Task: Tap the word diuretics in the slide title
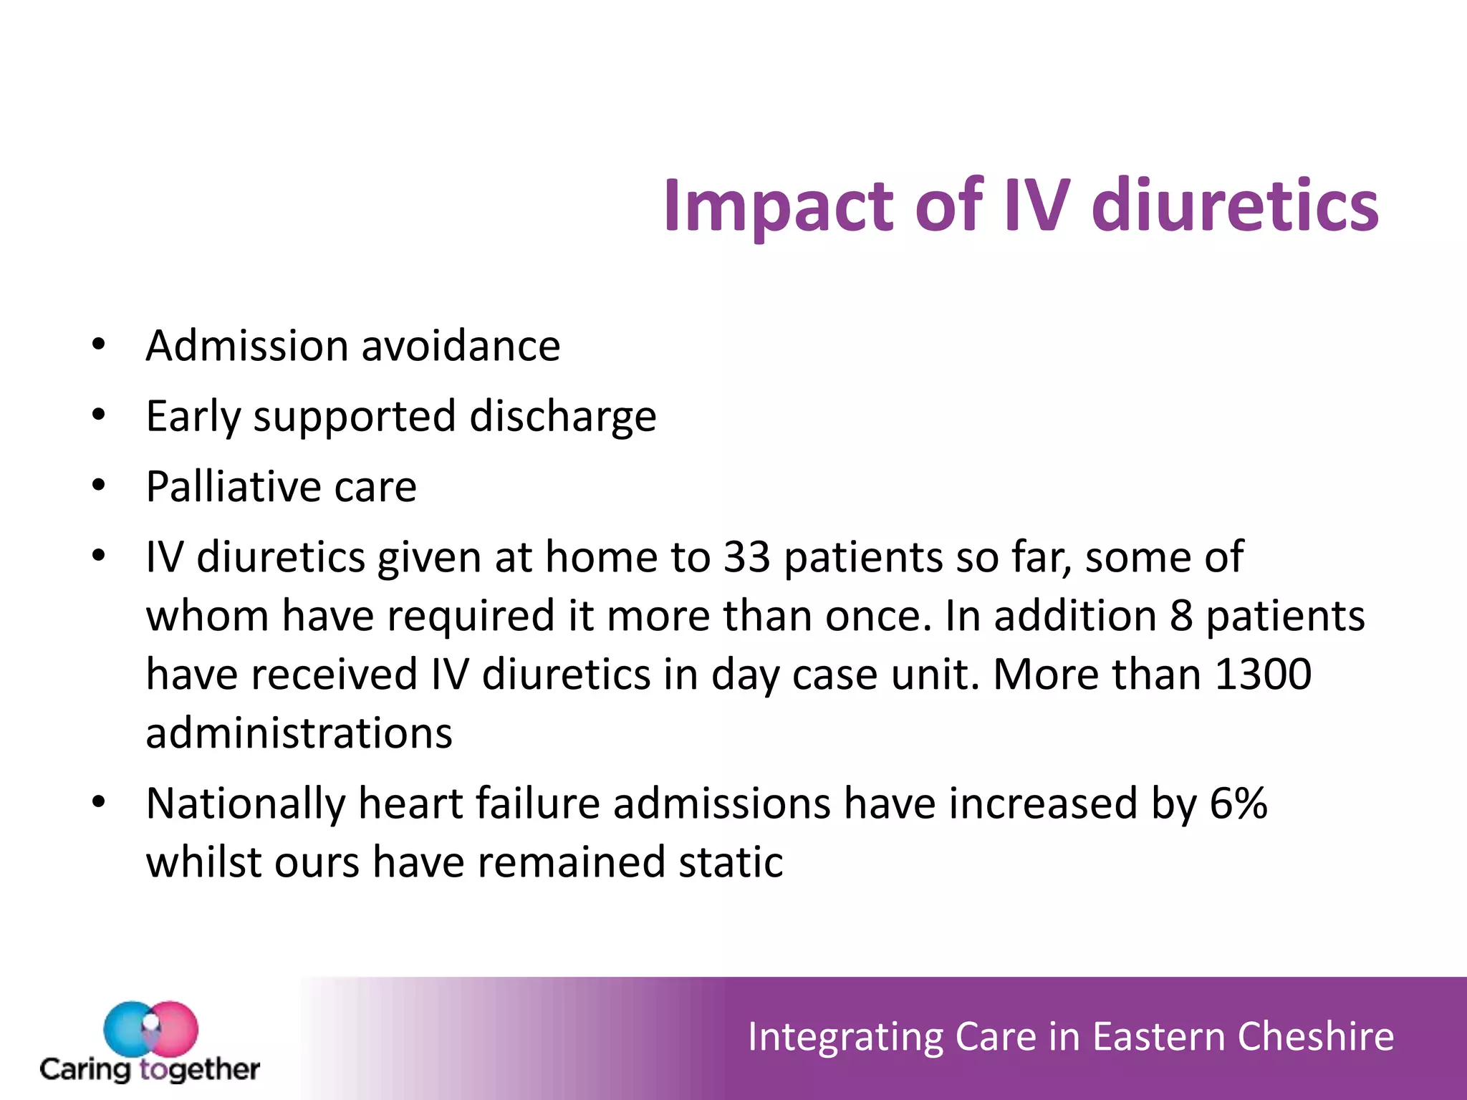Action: pos(1235,206)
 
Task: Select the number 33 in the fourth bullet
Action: pos(746,557)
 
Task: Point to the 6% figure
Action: pos(1238,804)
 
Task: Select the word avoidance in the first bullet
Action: pos(461,346)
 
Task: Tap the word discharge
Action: pos(562,417)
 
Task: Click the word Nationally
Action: pos(245,804)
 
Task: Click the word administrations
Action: pos(299,733)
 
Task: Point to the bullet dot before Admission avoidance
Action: pos(99,345)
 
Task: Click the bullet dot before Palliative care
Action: pos(99,486)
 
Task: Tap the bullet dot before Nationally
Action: pos(99,803)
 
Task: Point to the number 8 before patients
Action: pos(1180,616)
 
